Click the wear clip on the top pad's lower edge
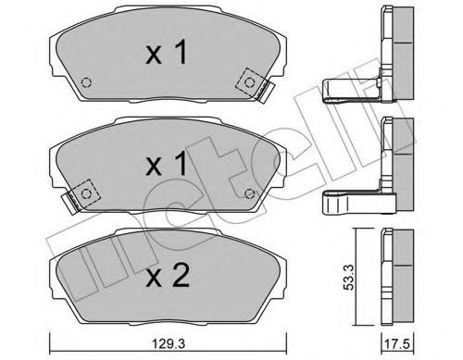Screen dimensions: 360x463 pos(264,89)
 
